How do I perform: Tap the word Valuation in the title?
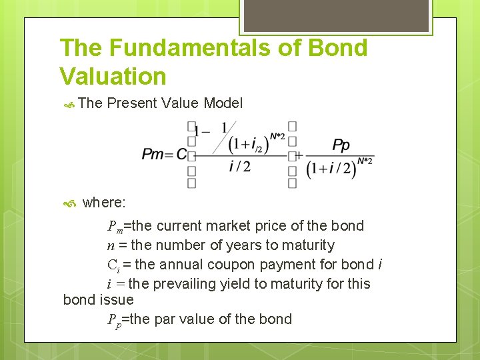pos(113,76)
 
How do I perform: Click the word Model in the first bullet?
pos(223,103)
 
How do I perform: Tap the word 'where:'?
pos(105,202)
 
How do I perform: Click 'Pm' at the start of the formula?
pos(153,155)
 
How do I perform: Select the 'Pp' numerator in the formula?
pos(341,145)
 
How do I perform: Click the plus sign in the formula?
pos(299,155)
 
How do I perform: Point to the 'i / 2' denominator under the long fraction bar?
pos(239,167)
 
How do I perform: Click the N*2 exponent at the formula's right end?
pos(365,160)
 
